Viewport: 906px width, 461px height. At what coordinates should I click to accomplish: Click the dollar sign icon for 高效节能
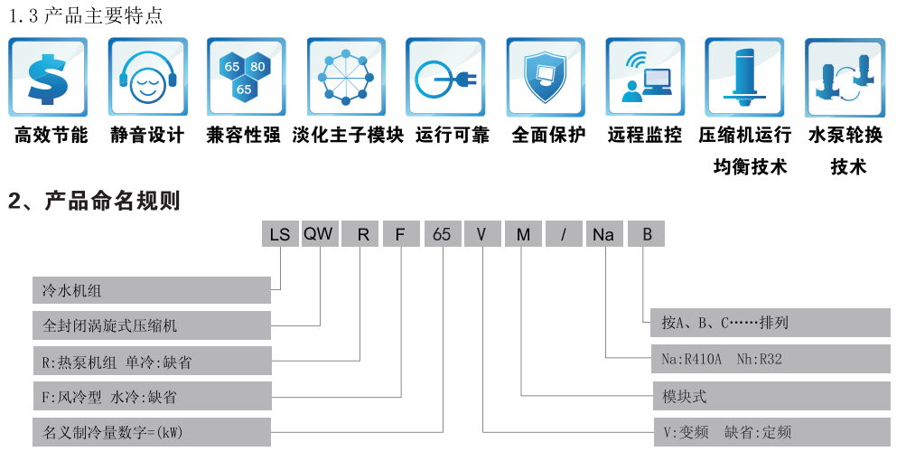(x=49, y=77)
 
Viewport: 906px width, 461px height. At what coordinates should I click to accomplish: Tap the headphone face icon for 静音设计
(x=147, y=77)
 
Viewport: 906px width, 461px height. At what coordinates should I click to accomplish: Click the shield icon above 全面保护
(x=546, y=77)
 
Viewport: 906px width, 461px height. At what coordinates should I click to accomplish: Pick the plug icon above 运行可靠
(x=445, y=77)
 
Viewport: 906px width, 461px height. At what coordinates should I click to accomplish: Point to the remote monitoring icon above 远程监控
(x=645, y=77)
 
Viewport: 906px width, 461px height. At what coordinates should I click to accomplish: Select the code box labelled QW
(x=318, y=234)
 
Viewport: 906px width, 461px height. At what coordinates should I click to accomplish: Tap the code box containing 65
(x=442, y=234)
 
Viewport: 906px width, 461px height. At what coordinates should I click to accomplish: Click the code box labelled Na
(x=603, y=234)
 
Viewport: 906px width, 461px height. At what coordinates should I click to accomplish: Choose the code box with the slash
(x=564, y=234)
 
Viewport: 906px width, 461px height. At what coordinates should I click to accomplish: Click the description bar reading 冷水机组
(x=152, y=290)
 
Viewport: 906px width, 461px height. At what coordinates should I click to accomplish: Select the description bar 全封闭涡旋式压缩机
(x=152, y=325)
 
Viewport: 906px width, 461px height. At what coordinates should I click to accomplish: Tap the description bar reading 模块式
(x=771, y=395)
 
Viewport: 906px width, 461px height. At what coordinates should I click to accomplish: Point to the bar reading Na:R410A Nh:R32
(x=771, y=359)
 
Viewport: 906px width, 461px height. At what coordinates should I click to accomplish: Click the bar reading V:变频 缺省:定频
(x=771, y=431)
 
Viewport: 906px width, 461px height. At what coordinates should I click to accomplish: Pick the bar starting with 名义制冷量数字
(x=152, y=431)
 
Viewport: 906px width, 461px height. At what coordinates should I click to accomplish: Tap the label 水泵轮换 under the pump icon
(x=845, y=136)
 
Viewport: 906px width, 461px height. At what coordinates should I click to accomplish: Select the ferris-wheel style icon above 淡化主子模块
(x=346, y=77)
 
